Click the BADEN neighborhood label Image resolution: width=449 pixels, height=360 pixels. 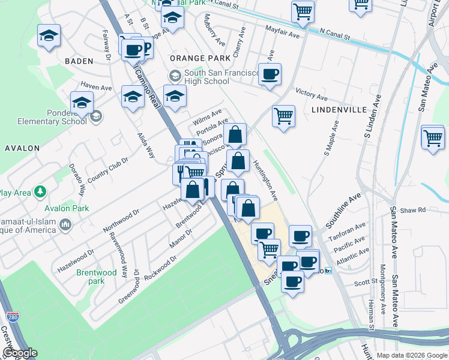pyautogui.click(x=79, y=61)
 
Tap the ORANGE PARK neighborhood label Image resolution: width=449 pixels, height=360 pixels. pyautogui.click(x=200, y=58)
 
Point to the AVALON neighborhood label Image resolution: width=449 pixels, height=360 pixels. pyautogui.click(x=22, y=148)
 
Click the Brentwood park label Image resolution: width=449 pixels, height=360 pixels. pyautogui.click(x=97, y=277)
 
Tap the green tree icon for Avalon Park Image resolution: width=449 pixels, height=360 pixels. pyautogui.click(x=40, y=192)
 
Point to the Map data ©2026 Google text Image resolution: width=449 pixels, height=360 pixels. pyautogui.click(x=411, y=355)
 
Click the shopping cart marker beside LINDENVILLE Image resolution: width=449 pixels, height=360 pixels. pyautogui.click(x=283, y=115)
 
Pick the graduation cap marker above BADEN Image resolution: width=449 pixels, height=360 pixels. pyautogui.click(x=49, y=35)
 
